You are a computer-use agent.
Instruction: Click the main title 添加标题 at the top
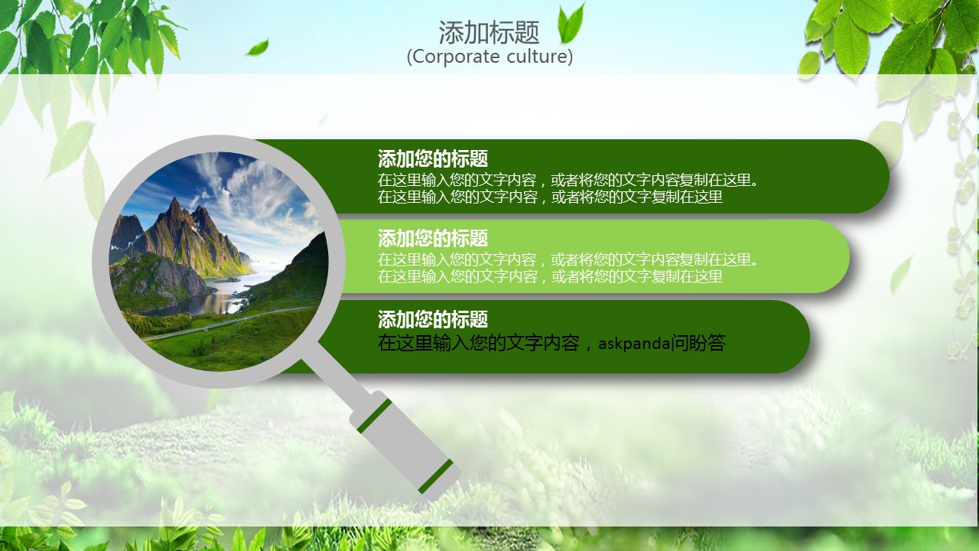coord(489,32)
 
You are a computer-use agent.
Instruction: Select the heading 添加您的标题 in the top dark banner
coord(433,158)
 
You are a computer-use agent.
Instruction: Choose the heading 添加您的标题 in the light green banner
coord(433,238)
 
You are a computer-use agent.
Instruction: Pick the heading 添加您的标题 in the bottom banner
coord(433,319)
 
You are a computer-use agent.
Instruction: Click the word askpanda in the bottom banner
coord(633,344)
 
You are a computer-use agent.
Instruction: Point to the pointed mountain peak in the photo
coord(174,202)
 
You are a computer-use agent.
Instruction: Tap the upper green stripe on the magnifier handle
coord(374,416)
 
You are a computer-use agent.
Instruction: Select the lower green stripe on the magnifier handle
coord(436,476)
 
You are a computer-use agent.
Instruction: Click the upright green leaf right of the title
coord(571,24)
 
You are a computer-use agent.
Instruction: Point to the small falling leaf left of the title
coord(257,47)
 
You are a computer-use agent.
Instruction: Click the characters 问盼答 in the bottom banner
coord(699,343)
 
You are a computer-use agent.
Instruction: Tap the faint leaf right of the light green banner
coord(901,274)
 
